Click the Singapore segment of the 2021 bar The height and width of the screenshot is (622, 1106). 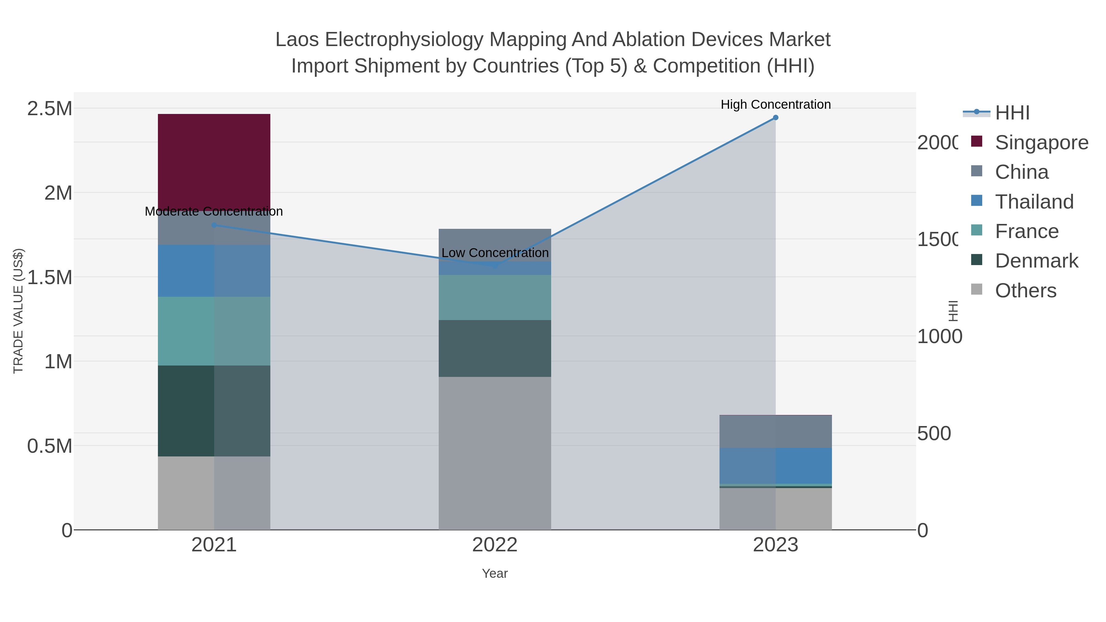pos(214,162)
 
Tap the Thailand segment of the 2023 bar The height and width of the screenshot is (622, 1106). pos(775,465)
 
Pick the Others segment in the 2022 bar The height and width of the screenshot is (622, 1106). pos(495,453)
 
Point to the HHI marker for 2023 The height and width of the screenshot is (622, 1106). pos(775,118)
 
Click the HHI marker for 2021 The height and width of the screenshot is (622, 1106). pos(214,225)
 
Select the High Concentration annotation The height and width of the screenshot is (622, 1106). pos(775,104)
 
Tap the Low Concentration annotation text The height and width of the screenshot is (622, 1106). pos(495,253)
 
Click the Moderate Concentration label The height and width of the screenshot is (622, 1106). pos(214,211)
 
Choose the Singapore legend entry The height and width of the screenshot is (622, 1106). pos(1041,143)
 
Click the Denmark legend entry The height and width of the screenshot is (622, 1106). pos(1036,261)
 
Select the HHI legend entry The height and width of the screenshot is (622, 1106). pos(1012,113)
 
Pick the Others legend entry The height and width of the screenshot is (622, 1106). pos(1025,291)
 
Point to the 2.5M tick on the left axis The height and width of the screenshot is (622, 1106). pos(50,109)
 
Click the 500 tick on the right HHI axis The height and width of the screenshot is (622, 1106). pos(934,433)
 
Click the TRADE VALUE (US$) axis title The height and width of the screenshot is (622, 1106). pos(18,311)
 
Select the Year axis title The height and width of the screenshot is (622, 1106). pos(495,573)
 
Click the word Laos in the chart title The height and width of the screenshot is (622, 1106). pos(297,40)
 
